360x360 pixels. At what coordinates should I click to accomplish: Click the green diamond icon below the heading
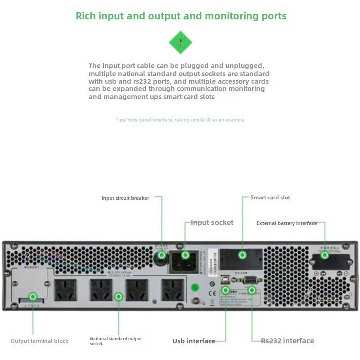[180, 43]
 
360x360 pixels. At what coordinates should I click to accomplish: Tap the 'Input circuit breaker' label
[125, 198]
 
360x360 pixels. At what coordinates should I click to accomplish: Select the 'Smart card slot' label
[270, 198]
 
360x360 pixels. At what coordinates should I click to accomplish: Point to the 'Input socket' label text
[212, 222]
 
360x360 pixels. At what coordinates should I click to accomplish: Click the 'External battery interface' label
[287, 223]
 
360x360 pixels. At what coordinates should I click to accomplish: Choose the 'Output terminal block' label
[40, 341]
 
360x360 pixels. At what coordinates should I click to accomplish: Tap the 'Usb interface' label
[193, 341]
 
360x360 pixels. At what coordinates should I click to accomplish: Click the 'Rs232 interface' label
[288, 341]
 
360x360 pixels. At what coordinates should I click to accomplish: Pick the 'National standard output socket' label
[116, 341]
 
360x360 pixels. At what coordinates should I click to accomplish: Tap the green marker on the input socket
[185, 255]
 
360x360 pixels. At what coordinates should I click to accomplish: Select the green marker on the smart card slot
[243, 255]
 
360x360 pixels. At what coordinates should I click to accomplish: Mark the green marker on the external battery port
[324, 255]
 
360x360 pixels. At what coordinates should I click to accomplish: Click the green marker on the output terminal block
[33, 297]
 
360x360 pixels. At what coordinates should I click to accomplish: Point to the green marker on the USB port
[226, 291]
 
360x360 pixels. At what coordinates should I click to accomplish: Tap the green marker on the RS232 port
[252, 291]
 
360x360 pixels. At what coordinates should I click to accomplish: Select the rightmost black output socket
[173, 290]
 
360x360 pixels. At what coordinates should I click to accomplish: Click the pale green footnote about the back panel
[180, 120]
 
